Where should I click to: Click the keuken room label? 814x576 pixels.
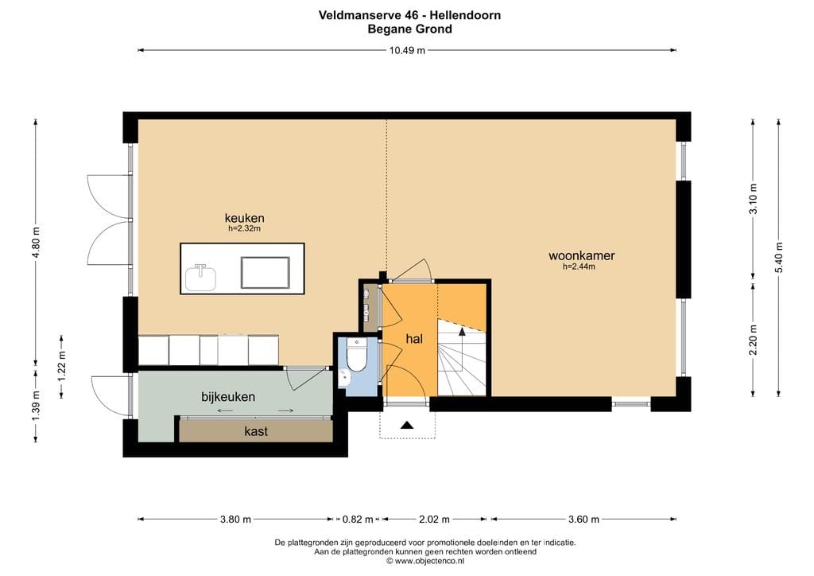click(244, 218)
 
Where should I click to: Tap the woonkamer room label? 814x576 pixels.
click(581, 256)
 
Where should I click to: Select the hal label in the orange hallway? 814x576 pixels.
click(413, 339)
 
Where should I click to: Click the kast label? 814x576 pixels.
click(256, 431)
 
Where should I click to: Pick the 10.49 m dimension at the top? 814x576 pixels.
click(406, 50)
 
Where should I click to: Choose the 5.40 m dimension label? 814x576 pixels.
click(779, 257)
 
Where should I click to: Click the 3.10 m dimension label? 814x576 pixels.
click(753, 198)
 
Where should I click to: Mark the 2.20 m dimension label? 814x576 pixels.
click(753, 339)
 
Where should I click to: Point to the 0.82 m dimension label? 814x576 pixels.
click(357, 520)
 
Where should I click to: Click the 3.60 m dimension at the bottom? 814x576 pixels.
click(583, 520)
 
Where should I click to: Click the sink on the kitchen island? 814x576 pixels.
click(200, 276)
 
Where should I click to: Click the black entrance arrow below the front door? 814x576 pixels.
click(406, 425)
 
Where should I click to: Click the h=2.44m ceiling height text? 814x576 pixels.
click(579, 267)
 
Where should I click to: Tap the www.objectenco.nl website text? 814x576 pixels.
click(429, 561)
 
